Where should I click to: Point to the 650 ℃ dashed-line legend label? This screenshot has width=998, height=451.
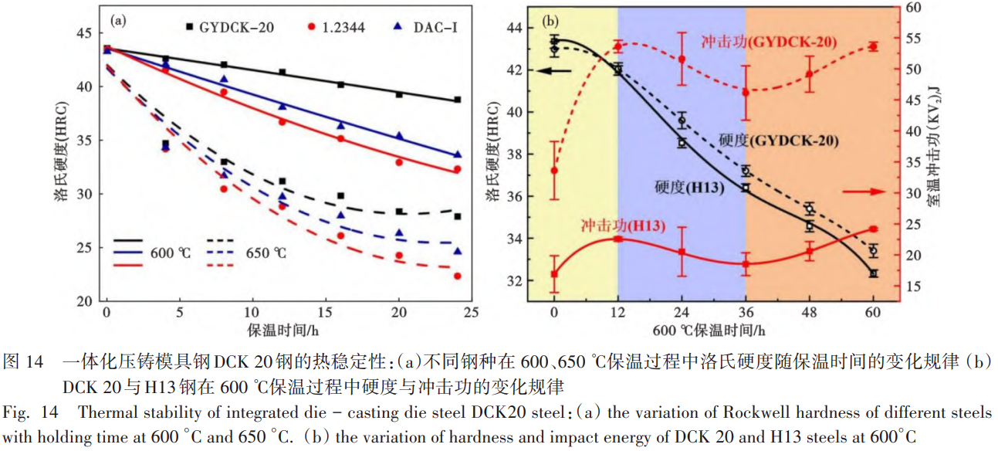point(267,252)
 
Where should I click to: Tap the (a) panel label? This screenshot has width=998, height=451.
point(118,21)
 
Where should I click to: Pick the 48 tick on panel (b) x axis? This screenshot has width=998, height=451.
point(809,311)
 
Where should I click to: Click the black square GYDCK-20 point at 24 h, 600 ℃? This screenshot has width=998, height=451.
point(457,100)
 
